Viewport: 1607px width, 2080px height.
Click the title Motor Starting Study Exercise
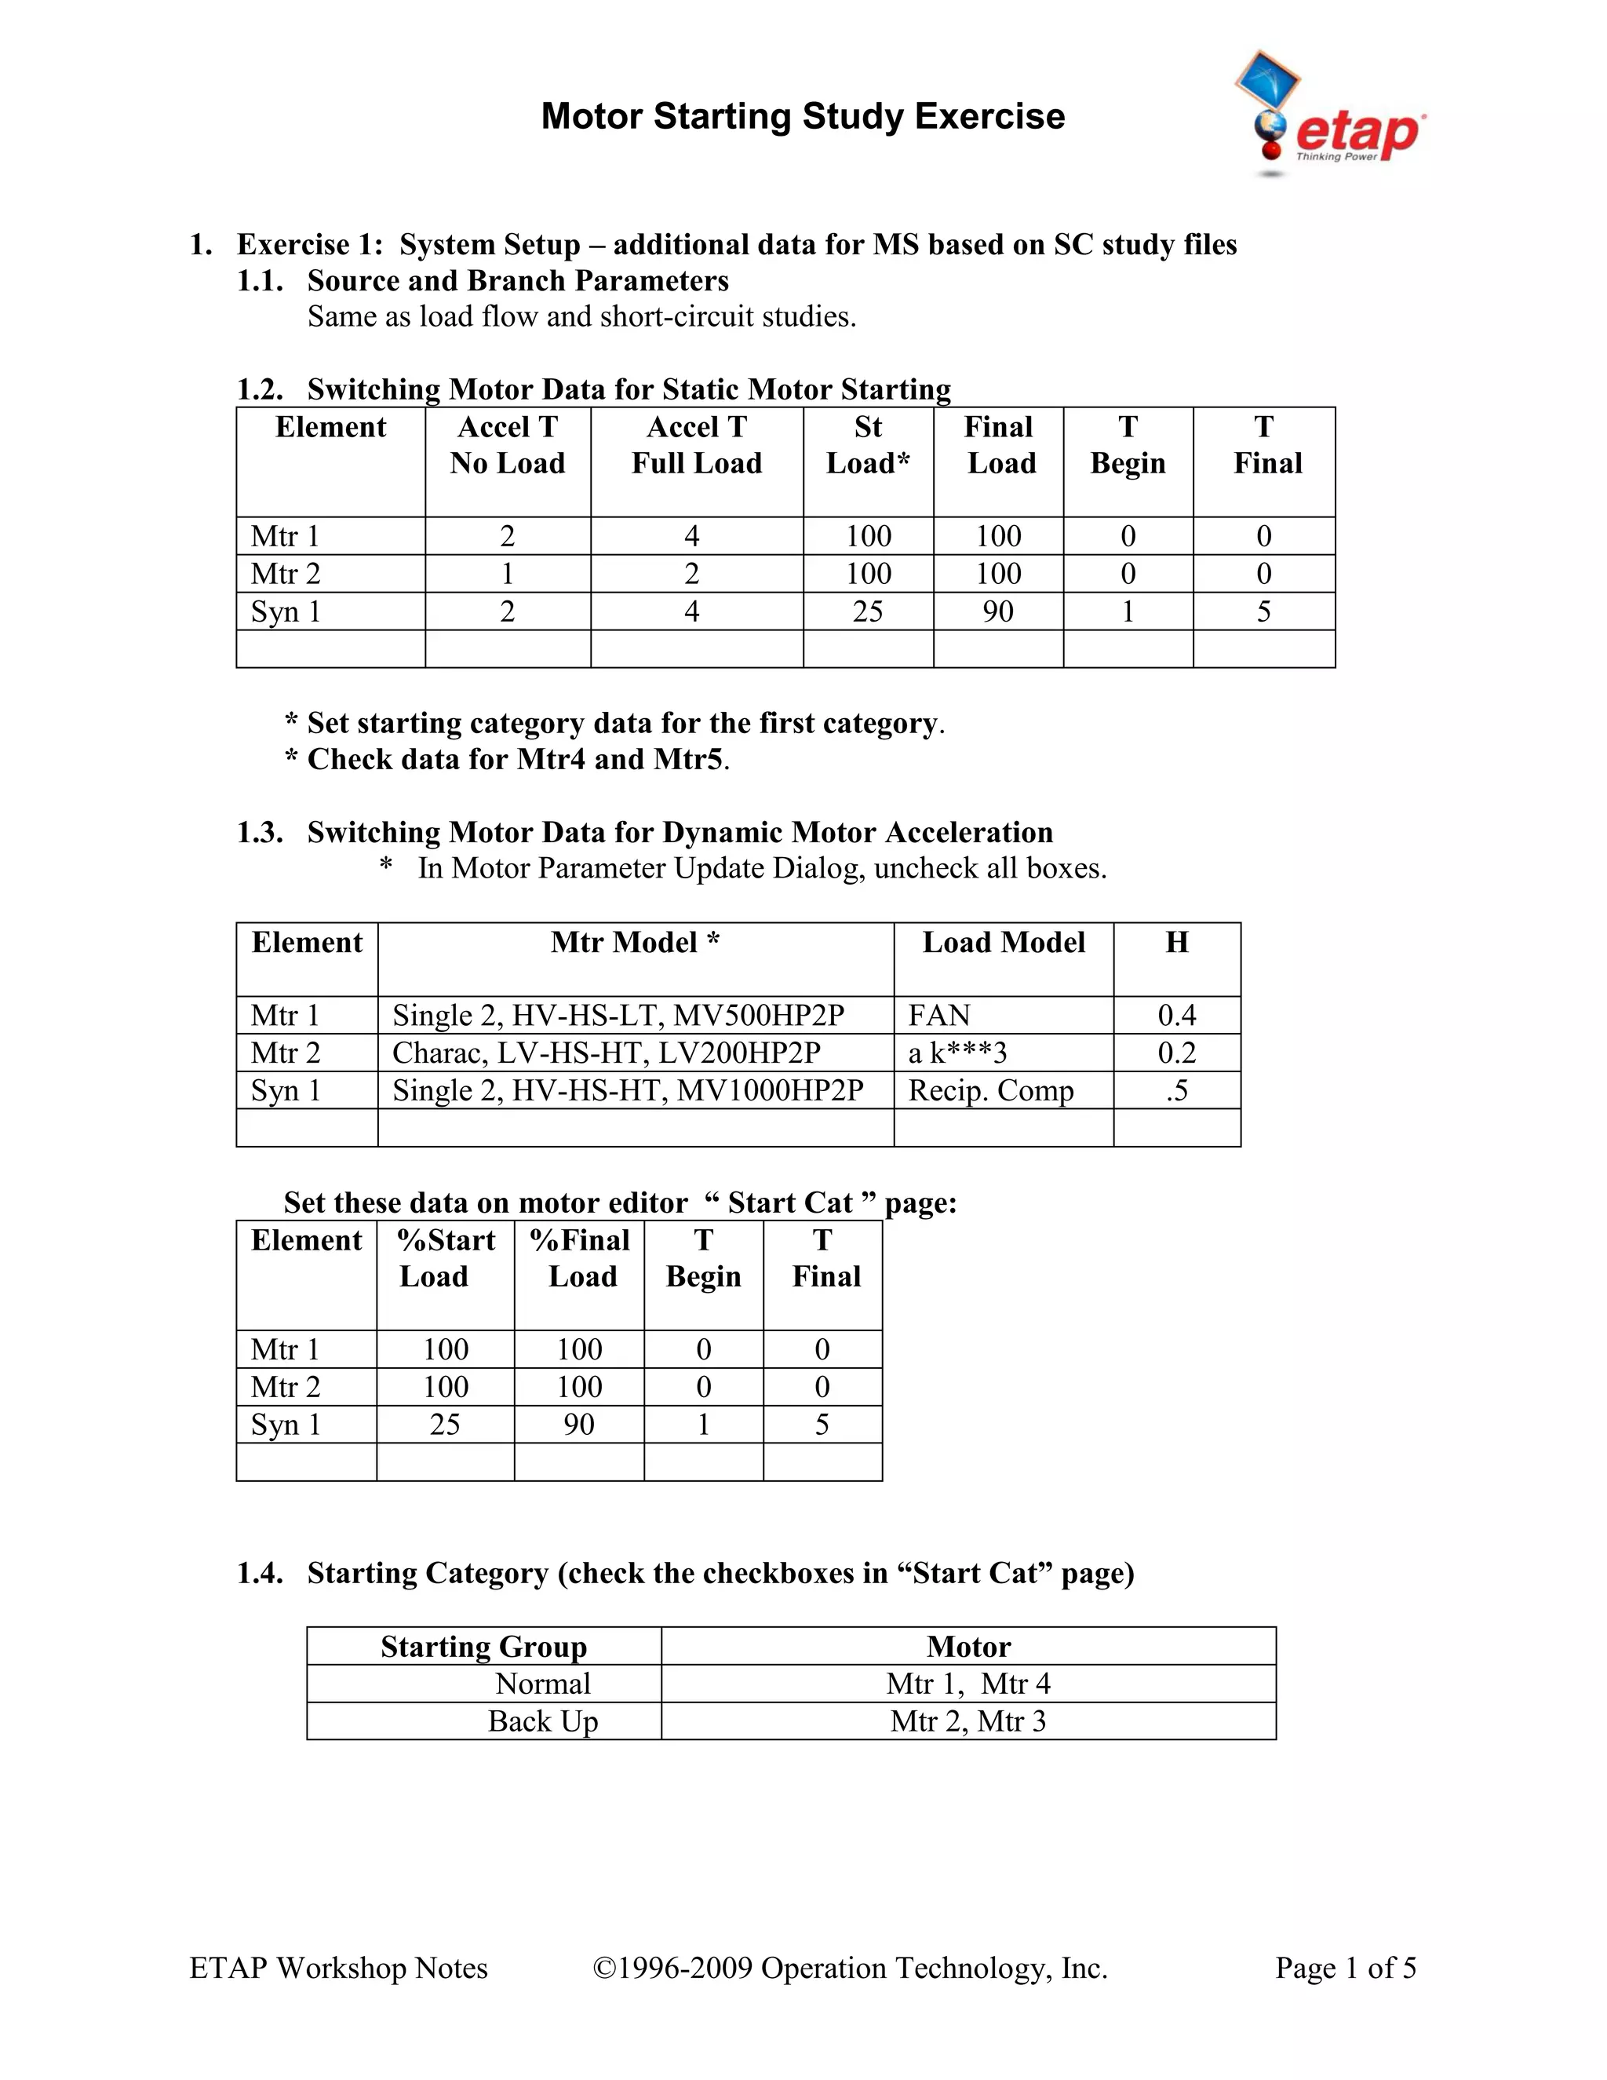803,116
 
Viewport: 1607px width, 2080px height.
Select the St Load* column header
867,445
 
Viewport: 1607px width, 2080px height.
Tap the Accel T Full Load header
696,445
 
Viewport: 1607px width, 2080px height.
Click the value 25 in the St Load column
867,611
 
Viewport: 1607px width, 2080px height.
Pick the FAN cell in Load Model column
938,1015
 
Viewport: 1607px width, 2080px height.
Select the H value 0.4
1177,1015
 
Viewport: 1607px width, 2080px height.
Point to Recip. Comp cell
990,1090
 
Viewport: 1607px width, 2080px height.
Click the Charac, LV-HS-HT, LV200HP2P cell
606,1053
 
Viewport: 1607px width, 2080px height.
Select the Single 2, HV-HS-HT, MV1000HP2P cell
628,1090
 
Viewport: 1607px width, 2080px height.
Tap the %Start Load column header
445,1258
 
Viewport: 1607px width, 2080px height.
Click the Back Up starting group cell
543,1721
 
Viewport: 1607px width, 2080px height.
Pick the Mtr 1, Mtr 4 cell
967,1684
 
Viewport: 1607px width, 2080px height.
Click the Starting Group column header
483,1647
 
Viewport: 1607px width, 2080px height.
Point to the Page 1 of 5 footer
1345,1968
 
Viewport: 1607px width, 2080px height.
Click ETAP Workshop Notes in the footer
338,1968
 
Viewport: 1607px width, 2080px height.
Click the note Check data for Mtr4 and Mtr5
508,759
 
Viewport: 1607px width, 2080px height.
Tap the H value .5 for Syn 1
1177,1090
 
